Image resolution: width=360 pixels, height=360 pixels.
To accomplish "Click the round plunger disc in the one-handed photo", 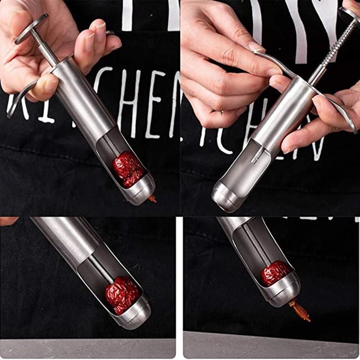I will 31,28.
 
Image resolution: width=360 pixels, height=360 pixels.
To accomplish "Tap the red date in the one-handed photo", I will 128,169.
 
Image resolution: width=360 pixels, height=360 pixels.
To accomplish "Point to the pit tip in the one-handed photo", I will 153,198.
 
